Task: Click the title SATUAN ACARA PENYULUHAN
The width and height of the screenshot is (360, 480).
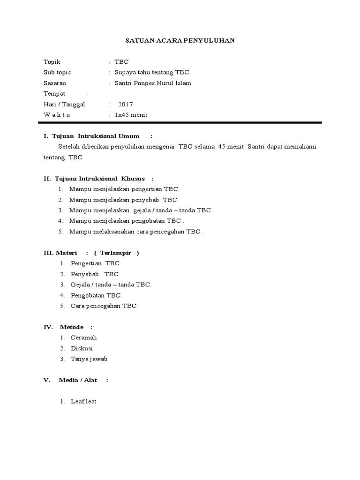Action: tap(180, 41)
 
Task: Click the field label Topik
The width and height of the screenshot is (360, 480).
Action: tap(52, 62)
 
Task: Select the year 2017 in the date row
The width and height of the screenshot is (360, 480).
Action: tap(126, 105)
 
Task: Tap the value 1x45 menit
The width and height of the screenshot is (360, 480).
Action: tap(131, 115)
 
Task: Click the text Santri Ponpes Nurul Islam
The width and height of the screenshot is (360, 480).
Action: tap(153, 83)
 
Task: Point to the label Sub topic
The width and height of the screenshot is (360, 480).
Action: tap(57, 73)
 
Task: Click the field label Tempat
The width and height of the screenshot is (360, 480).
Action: tap(54, 94)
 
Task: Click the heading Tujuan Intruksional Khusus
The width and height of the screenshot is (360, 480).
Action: tap(100, 179)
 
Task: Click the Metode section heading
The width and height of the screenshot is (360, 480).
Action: tap(71, 327)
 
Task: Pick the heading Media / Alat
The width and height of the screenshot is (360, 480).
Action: tap(78, 380)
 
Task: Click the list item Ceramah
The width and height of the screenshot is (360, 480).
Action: tap(84, 337)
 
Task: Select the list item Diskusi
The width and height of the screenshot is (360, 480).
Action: tap(82, 348)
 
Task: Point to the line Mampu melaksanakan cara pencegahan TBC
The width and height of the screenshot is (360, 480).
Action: tap(136, 232)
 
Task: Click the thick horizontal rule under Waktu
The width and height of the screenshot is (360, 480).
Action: tap(180, 123)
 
